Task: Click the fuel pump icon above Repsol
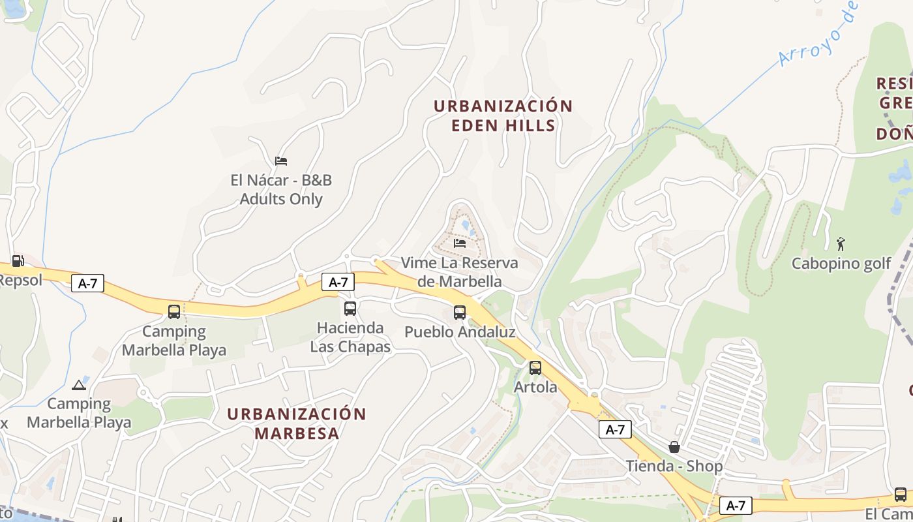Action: (x=18, y=261)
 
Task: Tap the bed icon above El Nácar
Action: (x=281, y=161)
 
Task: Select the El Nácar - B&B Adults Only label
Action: (x=281, y=189)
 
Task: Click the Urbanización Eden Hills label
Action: (x=503, y=115)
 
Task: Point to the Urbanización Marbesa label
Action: (x=297, y=423)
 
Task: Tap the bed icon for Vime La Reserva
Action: (x=460, y=243)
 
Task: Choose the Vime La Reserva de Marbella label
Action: (x=459, y=272)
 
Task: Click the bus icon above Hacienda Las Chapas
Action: (x=350, y=309)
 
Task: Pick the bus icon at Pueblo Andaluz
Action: (x=460, y=313)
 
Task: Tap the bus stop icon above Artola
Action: (x=535, y=368)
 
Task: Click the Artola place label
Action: (x=535, y=387)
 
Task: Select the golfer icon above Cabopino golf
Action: (x=841, y=245)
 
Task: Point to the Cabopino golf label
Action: (x=841, y=264)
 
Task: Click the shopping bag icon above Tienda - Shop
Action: (x=674, y=447)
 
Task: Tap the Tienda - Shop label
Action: (x=674, y=466)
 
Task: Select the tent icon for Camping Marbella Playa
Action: (x=79, y=385)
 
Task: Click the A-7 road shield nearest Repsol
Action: (x=87, y=283)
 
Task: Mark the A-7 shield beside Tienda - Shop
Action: (x=615, y=429)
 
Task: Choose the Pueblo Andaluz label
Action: (x=460, y=331)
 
